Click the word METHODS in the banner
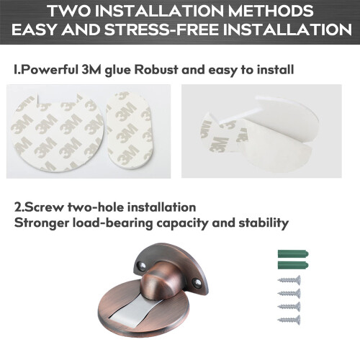(271, 11)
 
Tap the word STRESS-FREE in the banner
(161, 30)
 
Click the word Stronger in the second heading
(41, 223)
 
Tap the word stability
(264, 223)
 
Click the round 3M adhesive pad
(58, 132)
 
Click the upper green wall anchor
(293, 254)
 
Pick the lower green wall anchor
(293, 265)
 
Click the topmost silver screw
(289, 280)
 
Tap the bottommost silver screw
(289, 320)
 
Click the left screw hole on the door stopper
(142, 266)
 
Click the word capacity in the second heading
(182, 224)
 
